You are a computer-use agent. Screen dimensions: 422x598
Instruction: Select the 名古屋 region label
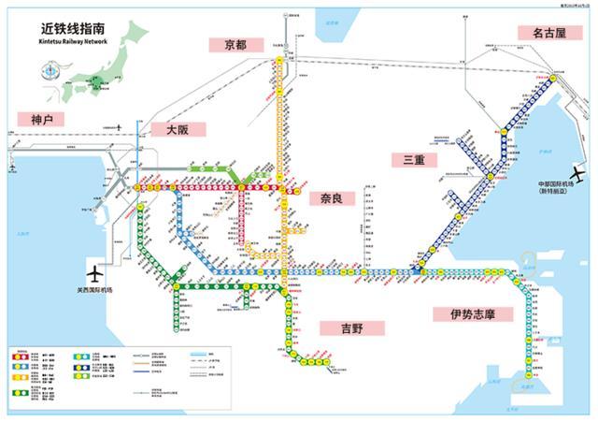[549, 33]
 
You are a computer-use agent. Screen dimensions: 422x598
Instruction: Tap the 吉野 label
[338, 328]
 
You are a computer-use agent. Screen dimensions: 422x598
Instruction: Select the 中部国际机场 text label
[559, 186]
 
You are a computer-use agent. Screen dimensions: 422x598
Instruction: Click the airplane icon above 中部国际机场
[577, 173]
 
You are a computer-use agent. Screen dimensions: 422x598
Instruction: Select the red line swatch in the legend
[20, 357]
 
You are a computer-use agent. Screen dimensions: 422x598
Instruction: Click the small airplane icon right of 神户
[121, 124]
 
